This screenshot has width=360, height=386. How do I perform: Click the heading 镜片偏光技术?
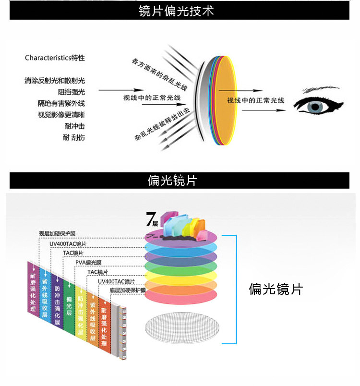pos(180,11)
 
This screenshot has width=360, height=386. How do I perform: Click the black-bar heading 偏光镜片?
pos(180,181)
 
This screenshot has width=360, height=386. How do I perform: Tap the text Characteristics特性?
pos(55,58)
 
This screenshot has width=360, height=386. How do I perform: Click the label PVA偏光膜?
pos(88,263)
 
